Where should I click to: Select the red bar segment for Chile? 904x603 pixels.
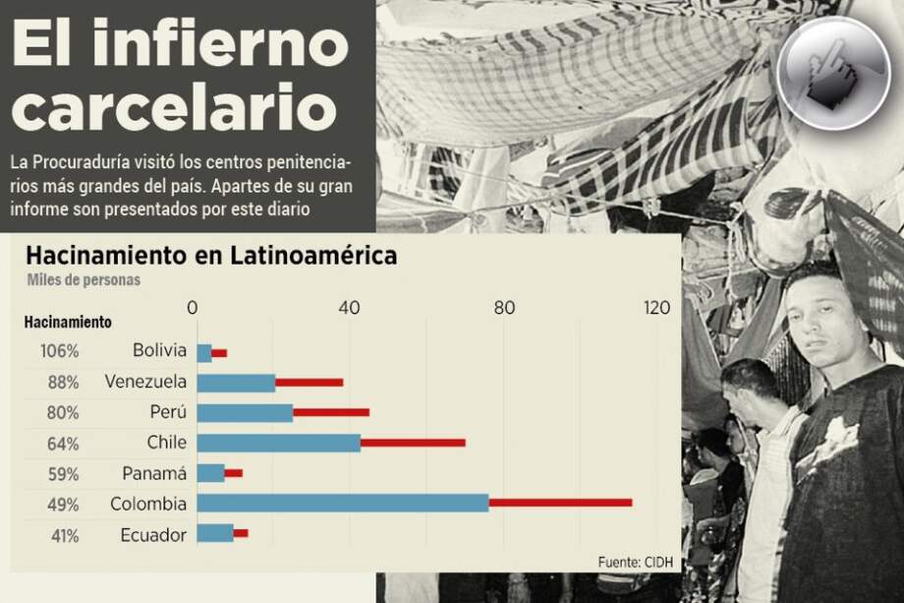coord(413,443)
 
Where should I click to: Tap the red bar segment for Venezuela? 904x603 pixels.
coord(310,382)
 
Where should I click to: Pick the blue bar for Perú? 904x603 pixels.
coord(245,412)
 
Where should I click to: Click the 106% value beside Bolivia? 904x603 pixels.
coord(60,351)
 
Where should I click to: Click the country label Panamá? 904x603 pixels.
coord(154,473)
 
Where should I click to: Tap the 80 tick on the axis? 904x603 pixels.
coord(504,308)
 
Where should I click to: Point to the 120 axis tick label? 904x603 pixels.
coord(656,308)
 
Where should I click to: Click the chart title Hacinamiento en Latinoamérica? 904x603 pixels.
coord(211,256)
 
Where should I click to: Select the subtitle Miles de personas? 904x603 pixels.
coord(84,279)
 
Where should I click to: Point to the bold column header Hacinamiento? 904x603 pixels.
coord(68,322)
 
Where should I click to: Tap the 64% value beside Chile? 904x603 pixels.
coord(63,443)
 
